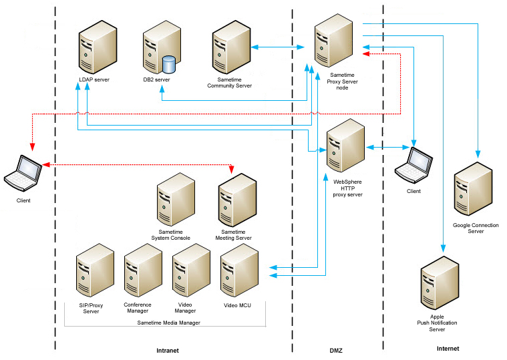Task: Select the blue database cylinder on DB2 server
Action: tap(168, 65)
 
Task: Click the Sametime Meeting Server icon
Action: tap(234, 201)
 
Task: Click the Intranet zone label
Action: tap(167, 350)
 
